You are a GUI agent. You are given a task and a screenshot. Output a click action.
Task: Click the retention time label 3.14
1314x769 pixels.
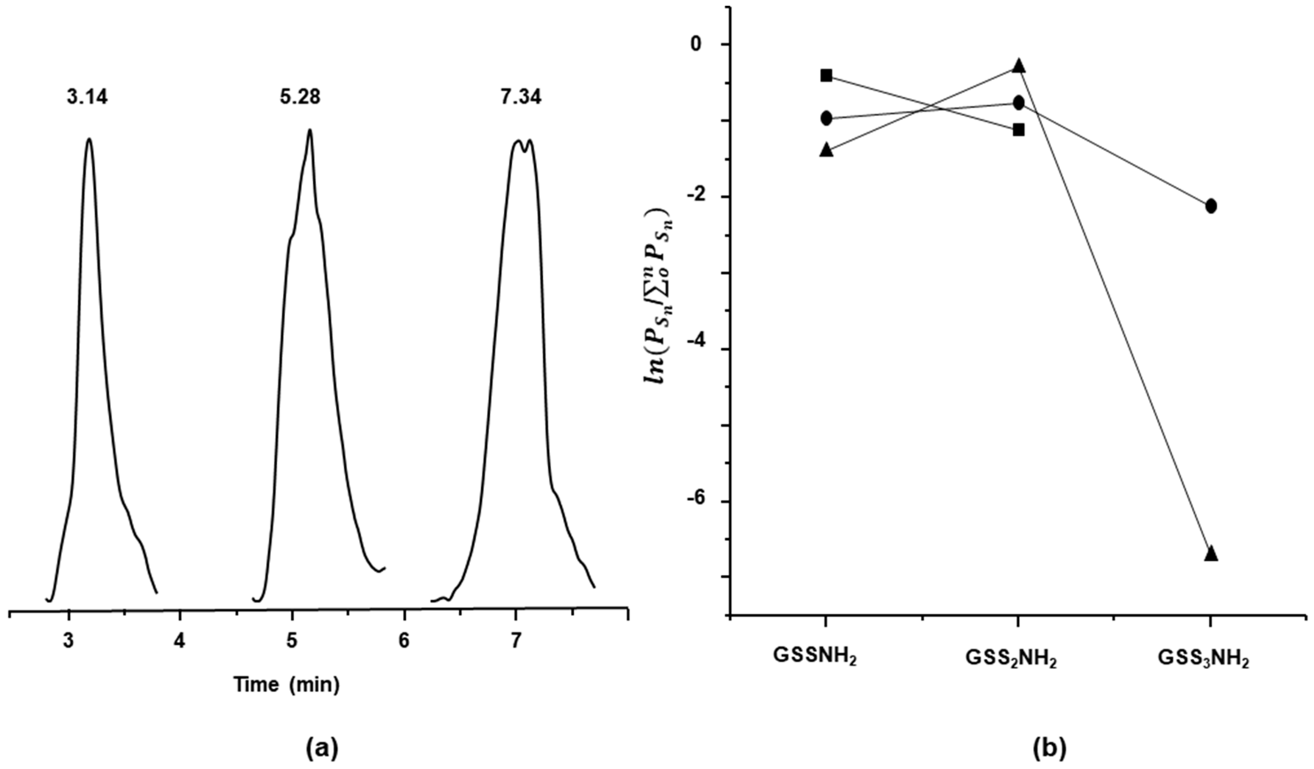click(x=87, y=97)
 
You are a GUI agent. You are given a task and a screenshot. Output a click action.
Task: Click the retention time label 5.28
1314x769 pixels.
click(x=300, y=97)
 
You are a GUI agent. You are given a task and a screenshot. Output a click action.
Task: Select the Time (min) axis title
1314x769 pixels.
click(x=286, y=685)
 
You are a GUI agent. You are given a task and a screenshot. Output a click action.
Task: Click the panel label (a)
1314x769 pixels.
click(x=321, y=749)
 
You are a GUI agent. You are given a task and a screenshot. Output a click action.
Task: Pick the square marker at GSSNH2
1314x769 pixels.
click(x=826, y=76)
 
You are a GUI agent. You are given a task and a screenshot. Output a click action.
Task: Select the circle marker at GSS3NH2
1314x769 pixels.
click(x=1211, y=206)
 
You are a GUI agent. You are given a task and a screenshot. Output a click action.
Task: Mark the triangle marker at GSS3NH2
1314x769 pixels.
click(x=1211, y=553)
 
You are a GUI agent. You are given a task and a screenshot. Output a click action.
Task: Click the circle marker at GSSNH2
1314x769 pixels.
click(x=826, y=118)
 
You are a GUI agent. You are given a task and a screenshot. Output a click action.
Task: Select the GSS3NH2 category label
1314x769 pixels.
click(x=1204, y=659)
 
